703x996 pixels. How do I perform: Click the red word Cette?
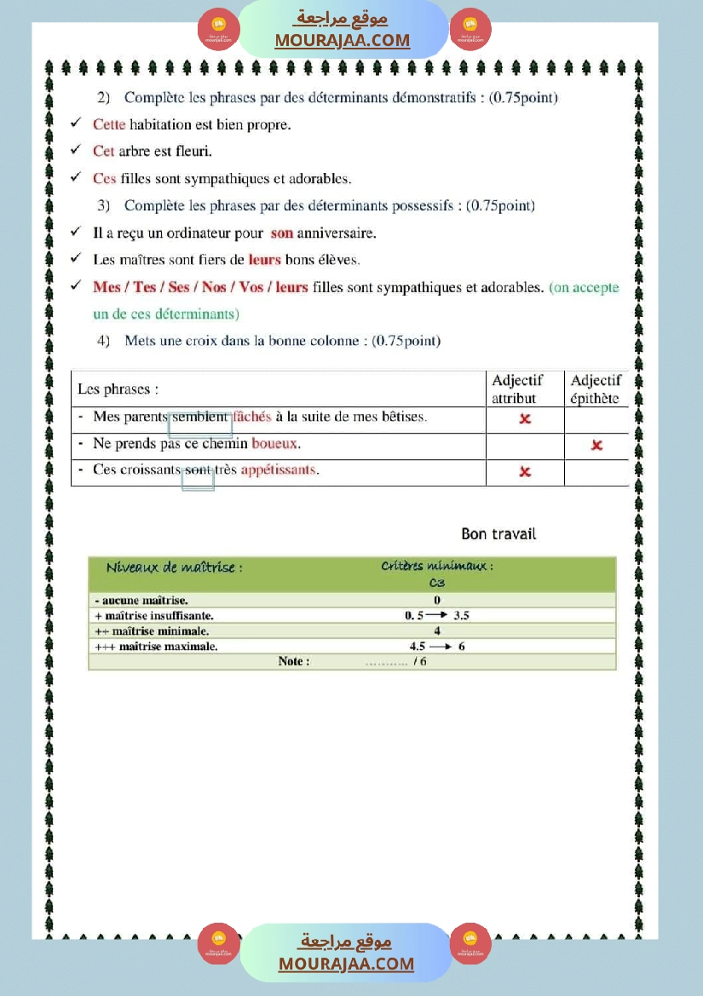pyautogui.click(x=109, y=124)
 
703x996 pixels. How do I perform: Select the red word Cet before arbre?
pyautogui.click(x=104, y=151)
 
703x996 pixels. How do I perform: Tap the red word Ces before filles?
pyautogui.click(x=105, y=178)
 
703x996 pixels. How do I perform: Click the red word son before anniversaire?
pyautogui.click(x=281, y=233)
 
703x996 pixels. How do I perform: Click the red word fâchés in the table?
pyautogui.click(x=252, y=417)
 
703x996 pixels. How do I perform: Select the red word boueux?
pyautogui.click(x=276, y=444)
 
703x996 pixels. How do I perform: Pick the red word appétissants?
pyautogui.click(x=278, y=470)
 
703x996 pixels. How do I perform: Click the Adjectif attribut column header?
pyautogui.click(x=516, y=389)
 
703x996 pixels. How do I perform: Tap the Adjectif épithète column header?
pyautogui.click(x=596, y=389)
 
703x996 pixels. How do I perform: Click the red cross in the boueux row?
pyautogui.click(x=596, y=445)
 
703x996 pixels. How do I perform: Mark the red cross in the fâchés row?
pyautogui.click(x=525, y=418)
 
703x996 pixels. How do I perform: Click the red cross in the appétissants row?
pyautogui.click(x=525, y=471)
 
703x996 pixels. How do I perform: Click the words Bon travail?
pyautogui.click(x=498, y=534)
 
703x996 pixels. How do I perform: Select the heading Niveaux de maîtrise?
pyautogui.click(x=174, y=567)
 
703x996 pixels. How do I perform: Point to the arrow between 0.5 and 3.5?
pyautogui.click(x=438, y=615)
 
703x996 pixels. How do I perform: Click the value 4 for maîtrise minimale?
pyautogui.click(x=437, y=631)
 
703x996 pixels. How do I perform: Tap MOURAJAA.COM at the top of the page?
pyautogui.click(x=343, y=40)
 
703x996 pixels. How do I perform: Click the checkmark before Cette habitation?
pyautogui.click(x=76, y=124)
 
